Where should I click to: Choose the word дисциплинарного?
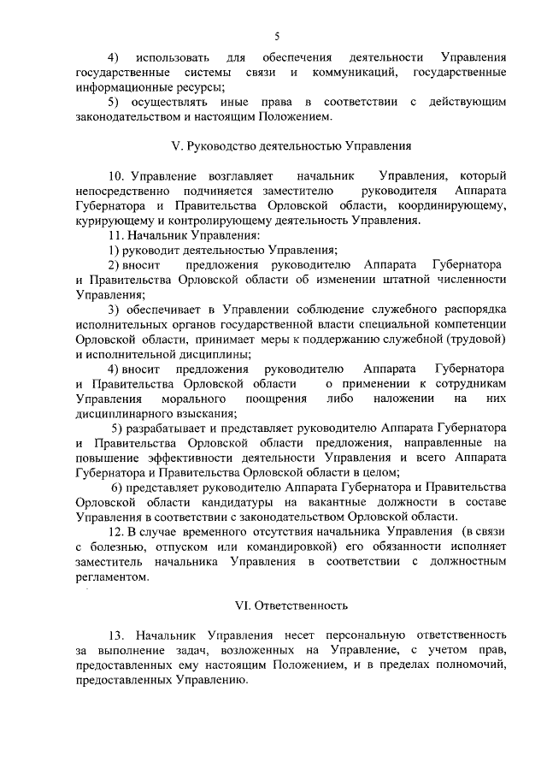pyautogui.click(x=119, y=413)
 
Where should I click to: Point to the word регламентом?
pyautogui.click(x=109, y=576)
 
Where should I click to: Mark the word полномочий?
pyautogui.click(x=467, y=666)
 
